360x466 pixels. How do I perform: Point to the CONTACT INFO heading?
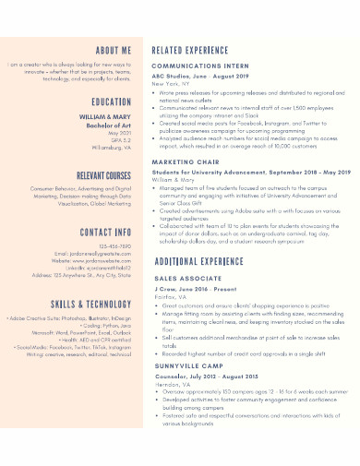tap(106, 233)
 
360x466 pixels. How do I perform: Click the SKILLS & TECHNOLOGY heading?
tap(92, 304)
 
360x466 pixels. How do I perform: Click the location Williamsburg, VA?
tap(109, 147)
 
